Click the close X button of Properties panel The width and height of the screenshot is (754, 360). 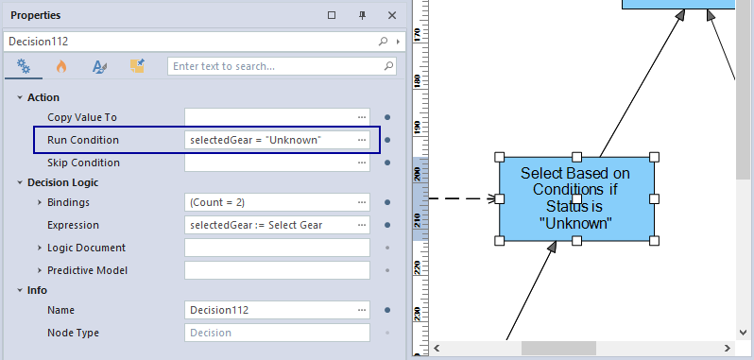coord(392,15)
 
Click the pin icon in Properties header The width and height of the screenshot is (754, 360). coord(363,15)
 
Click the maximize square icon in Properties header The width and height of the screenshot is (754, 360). coord(332,15)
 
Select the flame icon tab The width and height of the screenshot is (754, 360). coord(61,66)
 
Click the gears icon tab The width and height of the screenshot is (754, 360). coord(24,66)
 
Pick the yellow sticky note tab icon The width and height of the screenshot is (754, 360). coord(138,66)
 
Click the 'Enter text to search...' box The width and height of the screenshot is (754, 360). coord(282,66)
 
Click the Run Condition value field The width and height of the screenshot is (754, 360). coord(277,140)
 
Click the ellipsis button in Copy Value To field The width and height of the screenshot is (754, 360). coord(362,117)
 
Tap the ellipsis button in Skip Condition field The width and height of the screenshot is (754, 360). coord(362,163)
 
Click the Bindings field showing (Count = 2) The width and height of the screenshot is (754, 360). coord(277,202)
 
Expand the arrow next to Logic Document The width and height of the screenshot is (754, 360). coord(40,248)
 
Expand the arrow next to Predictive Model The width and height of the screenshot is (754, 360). coord(40,270)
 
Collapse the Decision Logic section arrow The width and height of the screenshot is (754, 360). coord(20,182)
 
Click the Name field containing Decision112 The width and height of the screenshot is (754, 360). coord(277,310)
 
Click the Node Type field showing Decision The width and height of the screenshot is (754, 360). coord(277,333)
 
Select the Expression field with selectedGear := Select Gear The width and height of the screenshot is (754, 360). coord(277,225)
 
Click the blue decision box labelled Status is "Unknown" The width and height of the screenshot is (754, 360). coord(576,198)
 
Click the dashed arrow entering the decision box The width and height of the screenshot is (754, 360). coord(462,198)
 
